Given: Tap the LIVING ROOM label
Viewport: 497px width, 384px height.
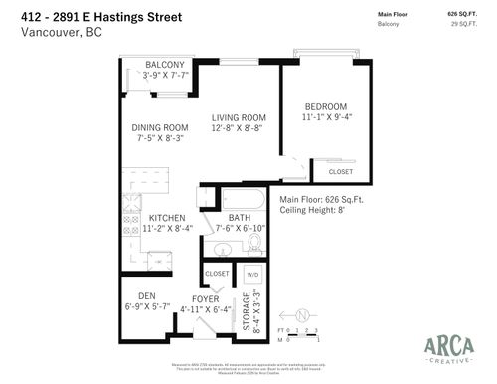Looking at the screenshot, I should point(237,118).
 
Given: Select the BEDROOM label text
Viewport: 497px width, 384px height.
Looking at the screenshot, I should point(325,106).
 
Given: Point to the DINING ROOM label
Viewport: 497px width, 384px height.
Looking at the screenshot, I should point(160,127).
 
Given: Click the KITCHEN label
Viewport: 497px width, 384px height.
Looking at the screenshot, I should point(161,218).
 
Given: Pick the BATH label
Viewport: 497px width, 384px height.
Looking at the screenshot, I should point(240,218).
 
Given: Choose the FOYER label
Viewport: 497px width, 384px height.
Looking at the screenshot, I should point(205,298).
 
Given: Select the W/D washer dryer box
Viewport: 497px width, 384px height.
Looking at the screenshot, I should point(251,274).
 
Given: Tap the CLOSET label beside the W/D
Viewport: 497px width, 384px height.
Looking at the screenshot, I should point(217,273).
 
